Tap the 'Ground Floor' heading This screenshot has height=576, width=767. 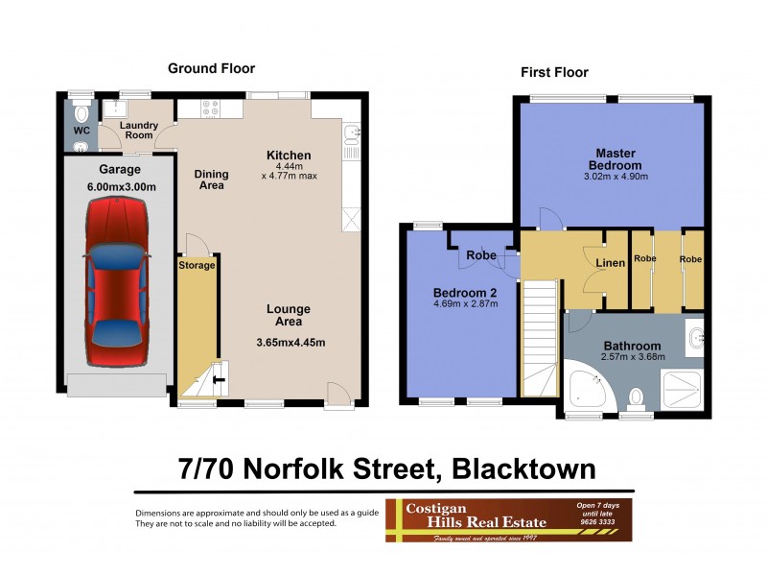coord(211,68)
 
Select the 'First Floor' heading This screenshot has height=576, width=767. coord(554,72)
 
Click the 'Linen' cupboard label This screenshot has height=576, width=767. coord(610,263)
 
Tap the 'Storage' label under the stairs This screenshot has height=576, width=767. coord(196,263)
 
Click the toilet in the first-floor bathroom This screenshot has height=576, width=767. coord(635,396)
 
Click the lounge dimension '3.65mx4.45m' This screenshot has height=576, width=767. coord(291,343)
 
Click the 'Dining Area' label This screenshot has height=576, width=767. coord(211,180)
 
